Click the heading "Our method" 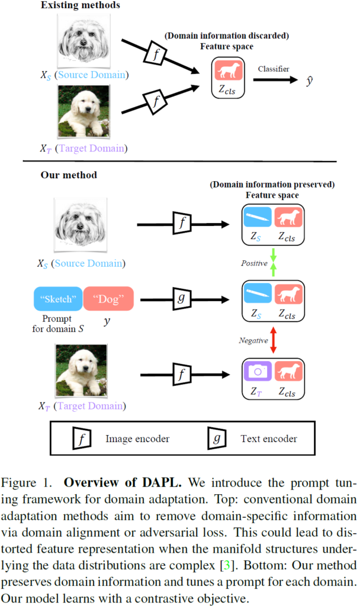coord(69,175)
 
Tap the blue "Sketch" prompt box coord(58,299)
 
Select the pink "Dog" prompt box coord(108,299)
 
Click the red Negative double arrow coord(272,341)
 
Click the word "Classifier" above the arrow coord(274,69)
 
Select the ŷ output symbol coord(309,80)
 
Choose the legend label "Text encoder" coord(269,439)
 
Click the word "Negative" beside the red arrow coord(253,341)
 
